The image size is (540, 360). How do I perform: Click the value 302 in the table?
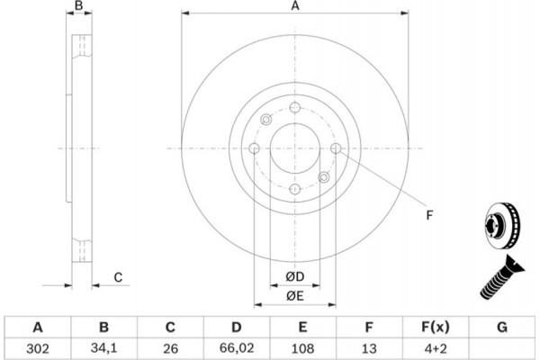pos(38,348)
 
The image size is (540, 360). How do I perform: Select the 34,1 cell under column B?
pos(103,348)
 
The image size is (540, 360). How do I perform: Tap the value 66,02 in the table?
pos(236,348)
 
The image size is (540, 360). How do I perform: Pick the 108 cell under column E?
pos(302,348)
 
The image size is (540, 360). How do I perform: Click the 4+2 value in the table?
pos(436,348)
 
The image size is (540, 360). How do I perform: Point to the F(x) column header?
pos(436,327)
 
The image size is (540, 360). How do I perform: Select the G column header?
pos(502,327)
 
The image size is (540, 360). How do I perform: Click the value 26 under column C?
pos(170,348)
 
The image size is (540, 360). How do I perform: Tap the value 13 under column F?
pos(369,348)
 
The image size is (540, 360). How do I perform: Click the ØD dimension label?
pos(295,276)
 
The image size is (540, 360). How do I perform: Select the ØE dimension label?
pos(295,295)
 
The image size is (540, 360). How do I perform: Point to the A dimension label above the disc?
pos(295,6)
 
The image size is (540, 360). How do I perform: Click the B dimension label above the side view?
pos(79,5)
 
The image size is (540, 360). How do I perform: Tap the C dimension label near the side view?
pos(118,277)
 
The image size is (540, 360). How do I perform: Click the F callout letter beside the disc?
pos(429,215)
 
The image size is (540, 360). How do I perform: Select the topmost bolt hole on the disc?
pos(295,107)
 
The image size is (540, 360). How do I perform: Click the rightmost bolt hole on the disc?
pos(336,148)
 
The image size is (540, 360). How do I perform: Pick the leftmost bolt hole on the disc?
pos(254,148)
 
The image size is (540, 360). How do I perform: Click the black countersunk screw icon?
pos(502,277)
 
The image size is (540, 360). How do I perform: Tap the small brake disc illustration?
pos(502,226)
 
